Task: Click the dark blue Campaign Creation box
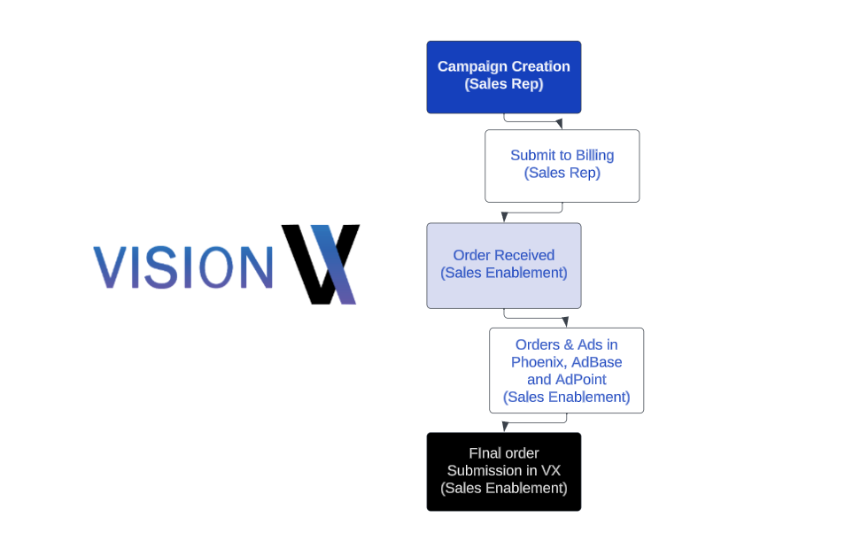(x=503, y=77)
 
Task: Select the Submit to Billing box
(x=562, y=166)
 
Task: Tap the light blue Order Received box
(x=503, y=265)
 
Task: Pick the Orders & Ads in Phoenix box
(x=566, y=370)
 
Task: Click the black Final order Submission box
(x=503, y=471)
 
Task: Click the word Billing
(x=594, y=155)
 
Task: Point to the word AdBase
(x=596, y=362)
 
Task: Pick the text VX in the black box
(x=551, y=470)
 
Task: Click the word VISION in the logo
(x=182, y=267)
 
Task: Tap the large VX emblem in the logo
(x=321, y=264)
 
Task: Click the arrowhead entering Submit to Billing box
(x=559, y=124)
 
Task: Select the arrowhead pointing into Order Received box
(x=504, y=217)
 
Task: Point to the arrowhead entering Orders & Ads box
(x=565, y=322)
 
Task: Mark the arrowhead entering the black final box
(x=505, y=427)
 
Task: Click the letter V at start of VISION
(x=109, y=267)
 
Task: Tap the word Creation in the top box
(x=541, y=66)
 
